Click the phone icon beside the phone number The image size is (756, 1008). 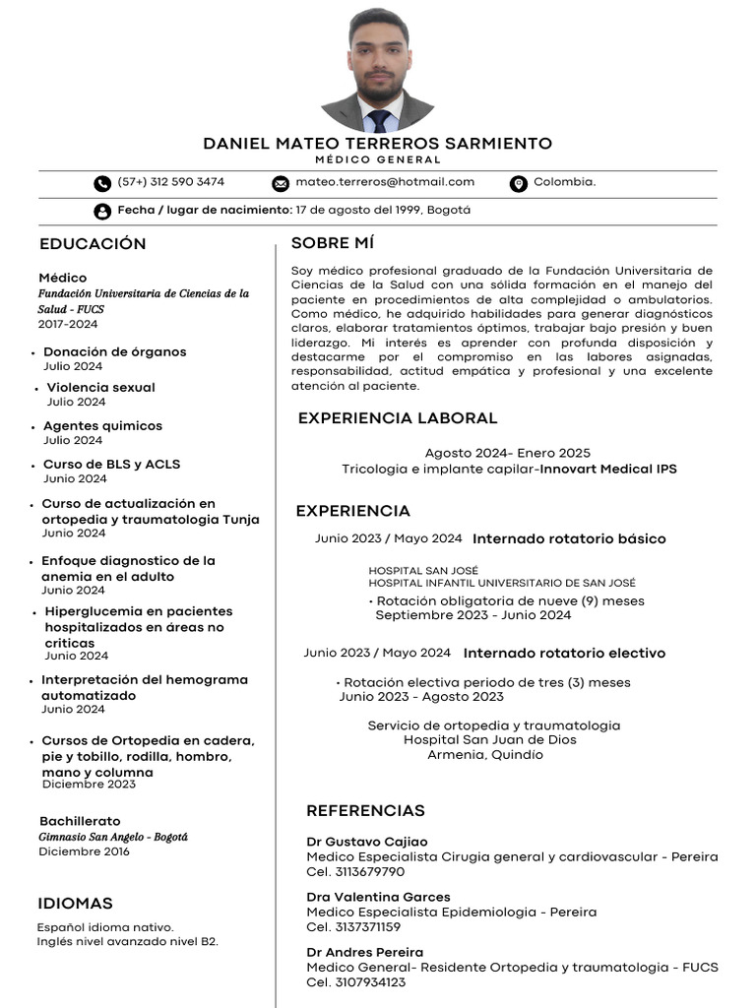coord(102,183)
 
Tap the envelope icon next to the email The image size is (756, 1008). coord(281,183)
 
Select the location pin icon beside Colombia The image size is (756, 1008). coord(519,183)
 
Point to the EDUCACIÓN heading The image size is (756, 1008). coord(93,244)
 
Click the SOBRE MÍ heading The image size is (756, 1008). coord(333,243)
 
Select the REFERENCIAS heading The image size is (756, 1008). coord(365,811)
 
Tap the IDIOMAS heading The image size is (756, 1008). coord(75,904)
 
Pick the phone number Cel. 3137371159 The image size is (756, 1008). coord(353,927)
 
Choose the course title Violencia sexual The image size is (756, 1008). coord(100,388)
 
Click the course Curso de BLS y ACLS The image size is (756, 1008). coord(111,465)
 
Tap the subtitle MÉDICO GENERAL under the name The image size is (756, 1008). coord(378,159)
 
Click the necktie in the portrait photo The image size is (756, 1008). coord(379,120)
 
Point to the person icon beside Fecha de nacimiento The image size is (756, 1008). coord(102,211)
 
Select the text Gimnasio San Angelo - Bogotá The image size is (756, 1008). coord(112,837)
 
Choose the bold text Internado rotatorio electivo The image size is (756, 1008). coord(564,654)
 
